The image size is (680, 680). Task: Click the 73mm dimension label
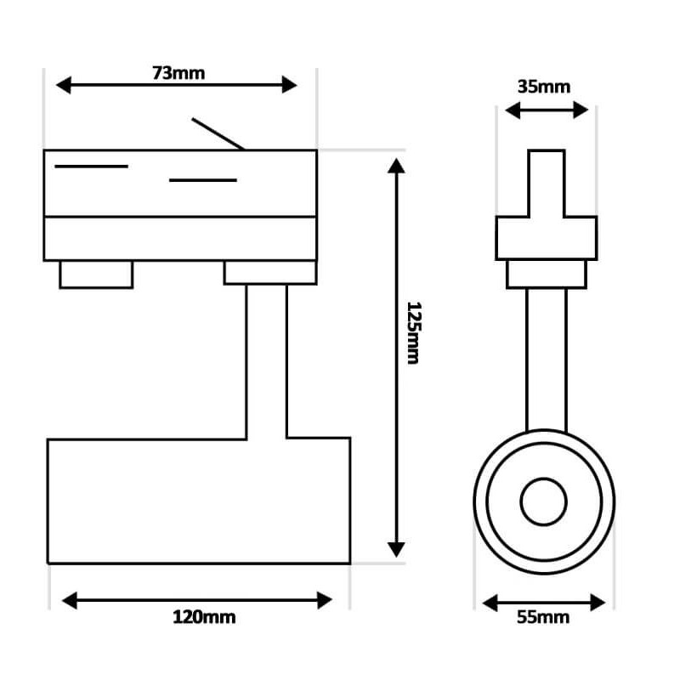point(178,73)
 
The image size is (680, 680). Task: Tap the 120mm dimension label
point(204,617)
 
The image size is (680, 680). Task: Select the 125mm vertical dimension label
point(414,333)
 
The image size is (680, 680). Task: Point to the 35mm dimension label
point(544,87)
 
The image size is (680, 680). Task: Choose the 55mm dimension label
point(543,617)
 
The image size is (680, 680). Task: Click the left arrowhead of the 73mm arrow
point(63,85)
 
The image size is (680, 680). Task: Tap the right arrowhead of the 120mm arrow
point(325,600)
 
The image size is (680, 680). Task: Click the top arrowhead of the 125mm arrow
point(396,166)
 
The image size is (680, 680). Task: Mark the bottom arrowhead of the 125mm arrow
point(396,549)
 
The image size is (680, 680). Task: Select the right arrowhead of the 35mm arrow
point(581,110)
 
